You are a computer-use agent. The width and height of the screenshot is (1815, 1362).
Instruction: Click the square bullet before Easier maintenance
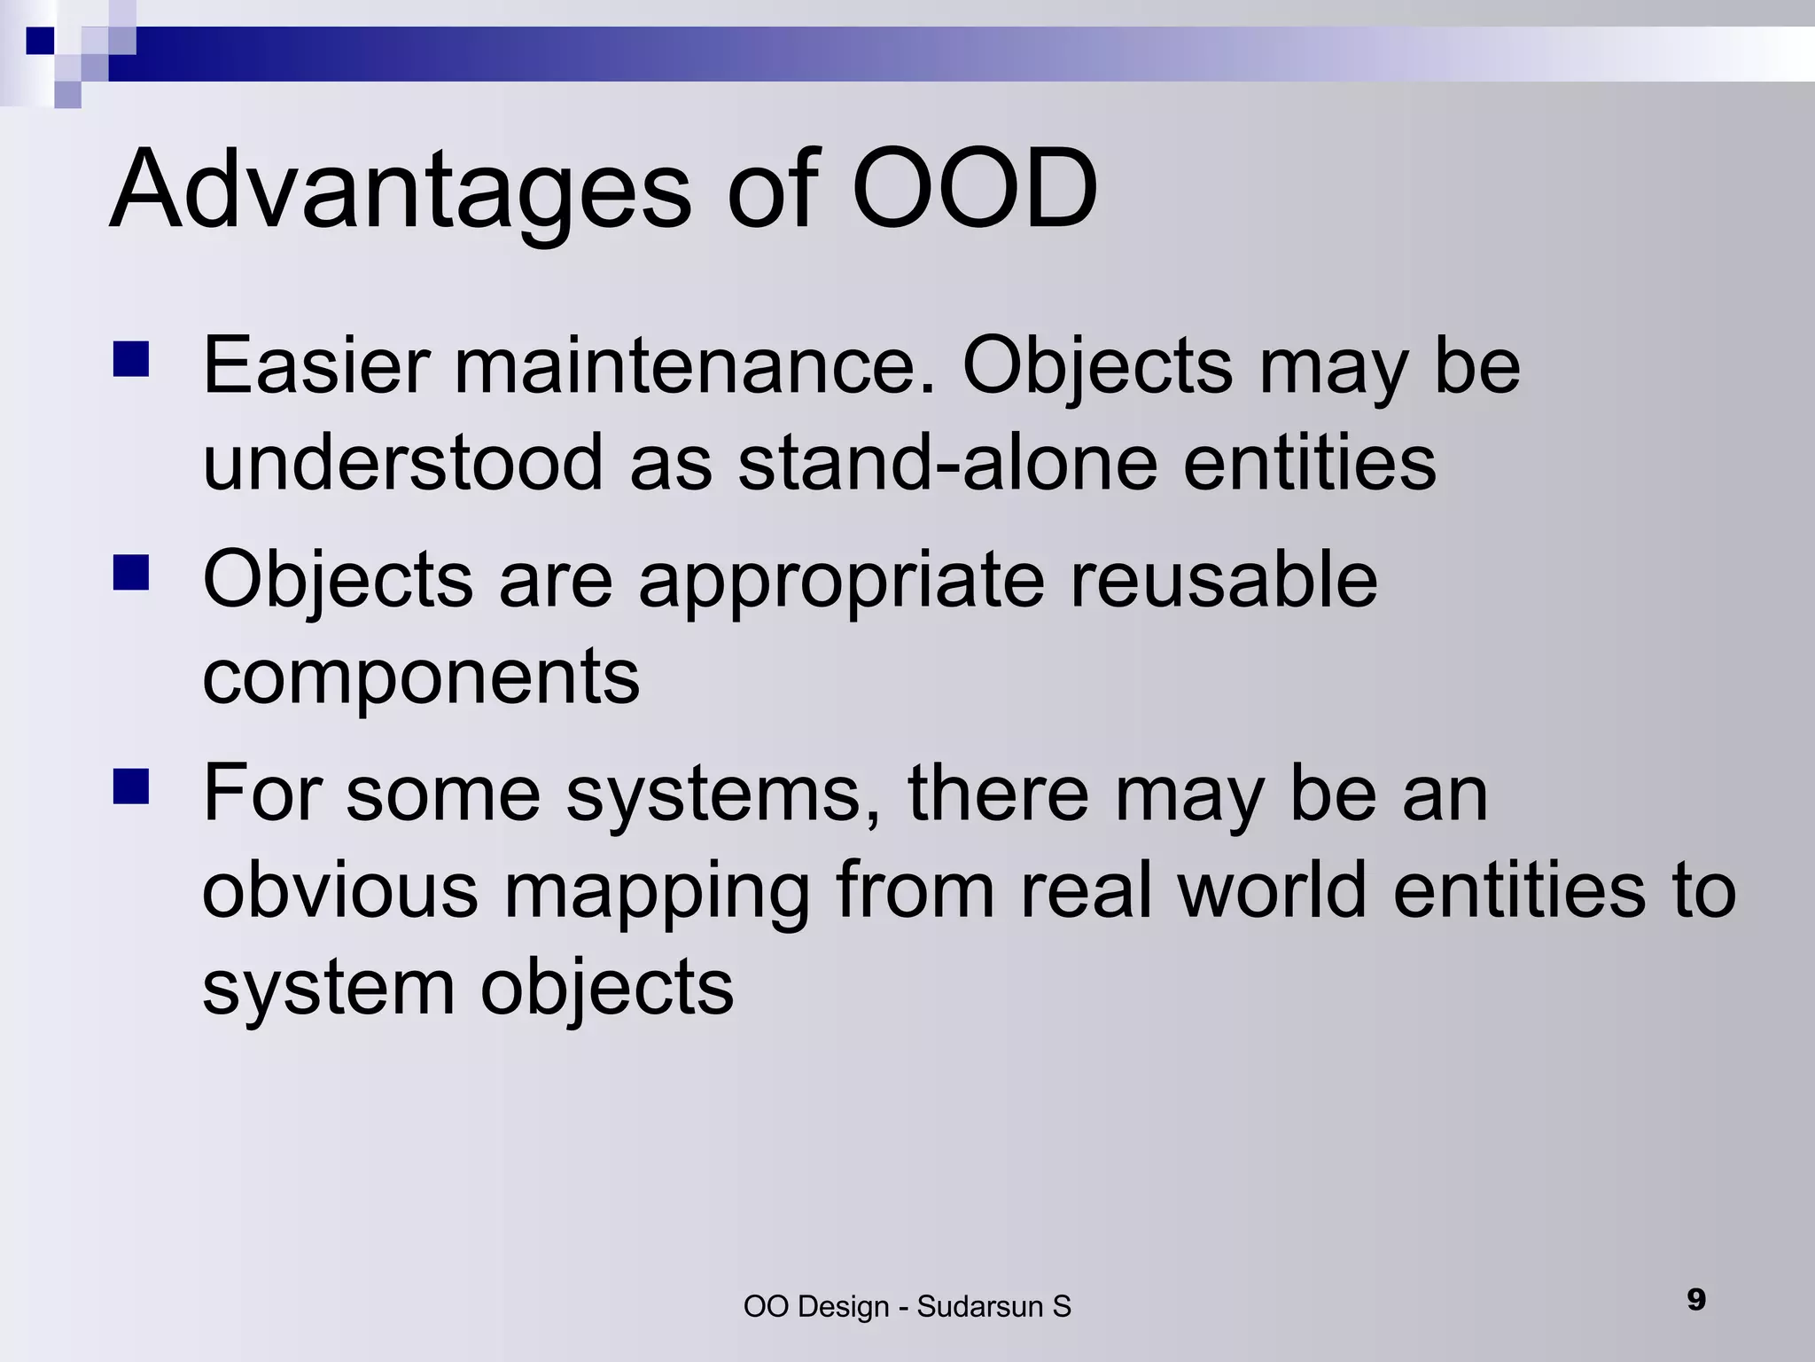(x=130, y=360)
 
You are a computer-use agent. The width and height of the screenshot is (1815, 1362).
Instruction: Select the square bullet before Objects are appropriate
(x=130, y=573)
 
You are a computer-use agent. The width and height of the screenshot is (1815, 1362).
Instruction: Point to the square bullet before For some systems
(x=130, y=786)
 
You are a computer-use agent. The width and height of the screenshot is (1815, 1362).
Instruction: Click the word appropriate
(x=841, y=581)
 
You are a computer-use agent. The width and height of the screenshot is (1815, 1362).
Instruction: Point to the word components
(x=421, y=678)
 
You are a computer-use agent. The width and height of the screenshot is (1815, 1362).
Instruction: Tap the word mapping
(x=657, y=892)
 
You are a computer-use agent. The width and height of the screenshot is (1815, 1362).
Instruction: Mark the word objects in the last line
(x=607, y=988)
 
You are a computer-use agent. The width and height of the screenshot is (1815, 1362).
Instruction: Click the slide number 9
(x=1696, y=1300)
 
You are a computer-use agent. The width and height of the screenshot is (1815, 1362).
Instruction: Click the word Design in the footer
(x=843, y=1307)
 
